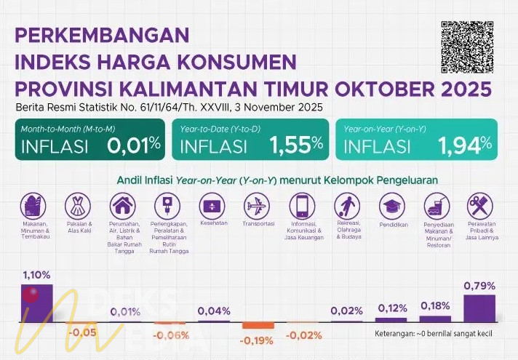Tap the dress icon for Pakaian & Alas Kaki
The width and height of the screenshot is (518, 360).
tap(78, 207)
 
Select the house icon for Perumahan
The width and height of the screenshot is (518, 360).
tap(122, 207)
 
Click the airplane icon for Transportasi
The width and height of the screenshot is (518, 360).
tap(257, 207)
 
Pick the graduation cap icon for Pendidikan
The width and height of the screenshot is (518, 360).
tap(392, 207)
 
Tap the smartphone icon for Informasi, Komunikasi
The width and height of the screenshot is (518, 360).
tap(301, 207)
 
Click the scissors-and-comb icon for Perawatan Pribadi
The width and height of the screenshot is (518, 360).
tap(479, 207)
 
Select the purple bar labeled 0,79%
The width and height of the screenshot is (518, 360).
tap(479, 308)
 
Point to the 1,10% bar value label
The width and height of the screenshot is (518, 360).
tap(36, 275)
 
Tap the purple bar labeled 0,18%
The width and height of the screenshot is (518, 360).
tap(435, 319)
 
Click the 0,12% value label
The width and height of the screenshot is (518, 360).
tap(392, 308)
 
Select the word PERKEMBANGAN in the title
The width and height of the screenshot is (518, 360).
tap(102, 35)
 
